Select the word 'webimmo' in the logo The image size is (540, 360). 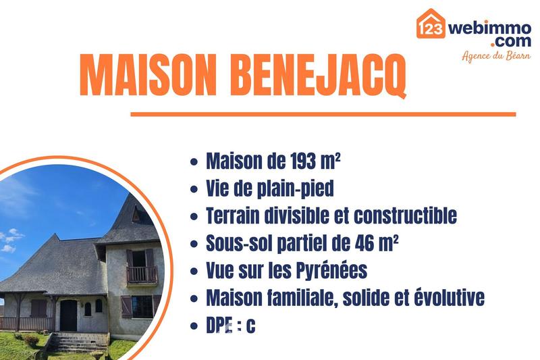point(489,28)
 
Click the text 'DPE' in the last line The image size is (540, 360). point(219,326)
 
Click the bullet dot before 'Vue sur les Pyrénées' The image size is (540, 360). point(194,272)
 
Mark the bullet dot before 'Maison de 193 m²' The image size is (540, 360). point(194,163)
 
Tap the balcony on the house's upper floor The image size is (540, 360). point(142,274)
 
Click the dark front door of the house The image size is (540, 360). point(68,314)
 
